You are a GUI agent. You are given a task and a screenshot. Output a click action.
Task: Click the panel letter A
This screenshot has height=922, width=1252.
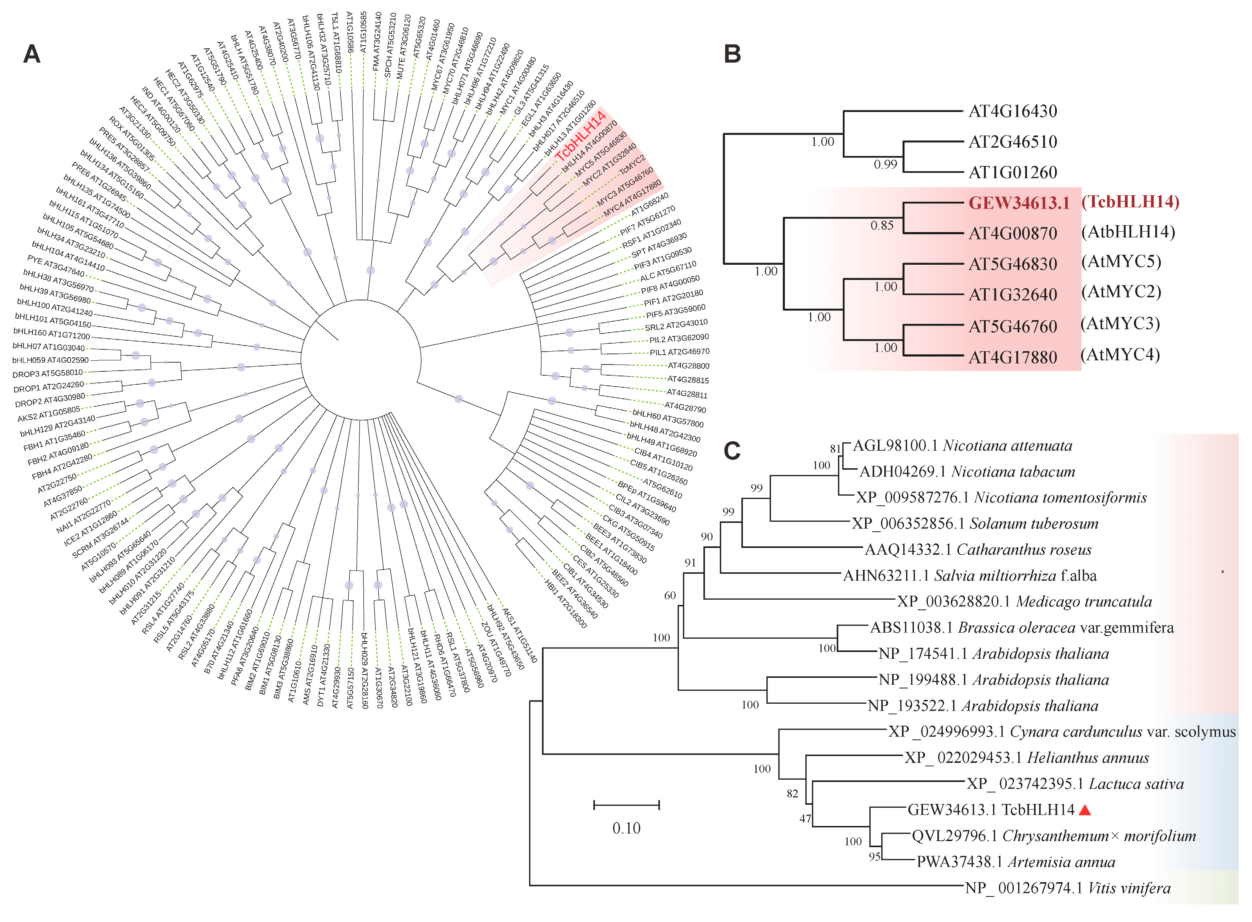[32, 54]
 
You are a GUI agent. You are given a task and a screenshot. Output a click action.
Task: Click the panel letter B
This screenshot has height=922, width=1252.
[732, 54]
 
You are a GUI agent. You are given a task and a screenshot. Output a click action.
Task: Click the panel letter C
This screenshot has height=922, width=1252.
[732, 450]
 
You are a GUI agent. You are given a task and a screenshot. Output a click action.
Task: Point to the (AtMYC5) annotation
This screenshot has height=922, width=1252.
[1121, 262]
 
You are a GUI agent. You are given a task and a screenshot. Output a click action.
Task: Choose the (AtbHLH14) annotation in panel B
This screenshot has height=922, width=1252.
[1128, 232]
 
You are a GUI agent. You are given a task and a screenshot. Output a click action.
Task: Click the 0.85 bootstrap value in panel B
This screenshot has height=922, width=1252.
[882, 226]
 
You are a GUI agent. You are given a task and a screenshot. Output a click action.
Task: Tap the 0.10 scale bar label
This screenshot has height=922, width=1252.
[626, 828]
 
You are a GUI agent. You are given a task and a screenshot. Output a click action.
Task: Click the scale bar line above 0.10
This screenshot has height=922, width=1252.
[626, 805]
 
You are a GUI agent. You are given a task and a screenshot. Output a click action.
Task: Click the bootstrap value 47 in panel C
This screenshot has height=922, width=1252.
[805, 819]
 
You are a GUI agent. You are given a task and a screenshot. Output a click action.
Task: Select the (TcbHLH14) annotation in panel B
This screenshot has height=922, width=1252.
[1130, 202]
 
